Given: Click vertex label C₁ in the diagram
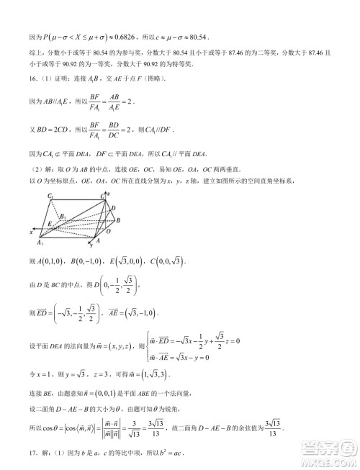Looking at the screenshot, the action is point(50,197).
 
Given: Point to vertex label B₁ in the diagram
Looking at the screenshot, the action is point(63,216).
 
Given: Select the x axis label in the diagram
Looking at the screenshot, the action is point(31,232).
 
